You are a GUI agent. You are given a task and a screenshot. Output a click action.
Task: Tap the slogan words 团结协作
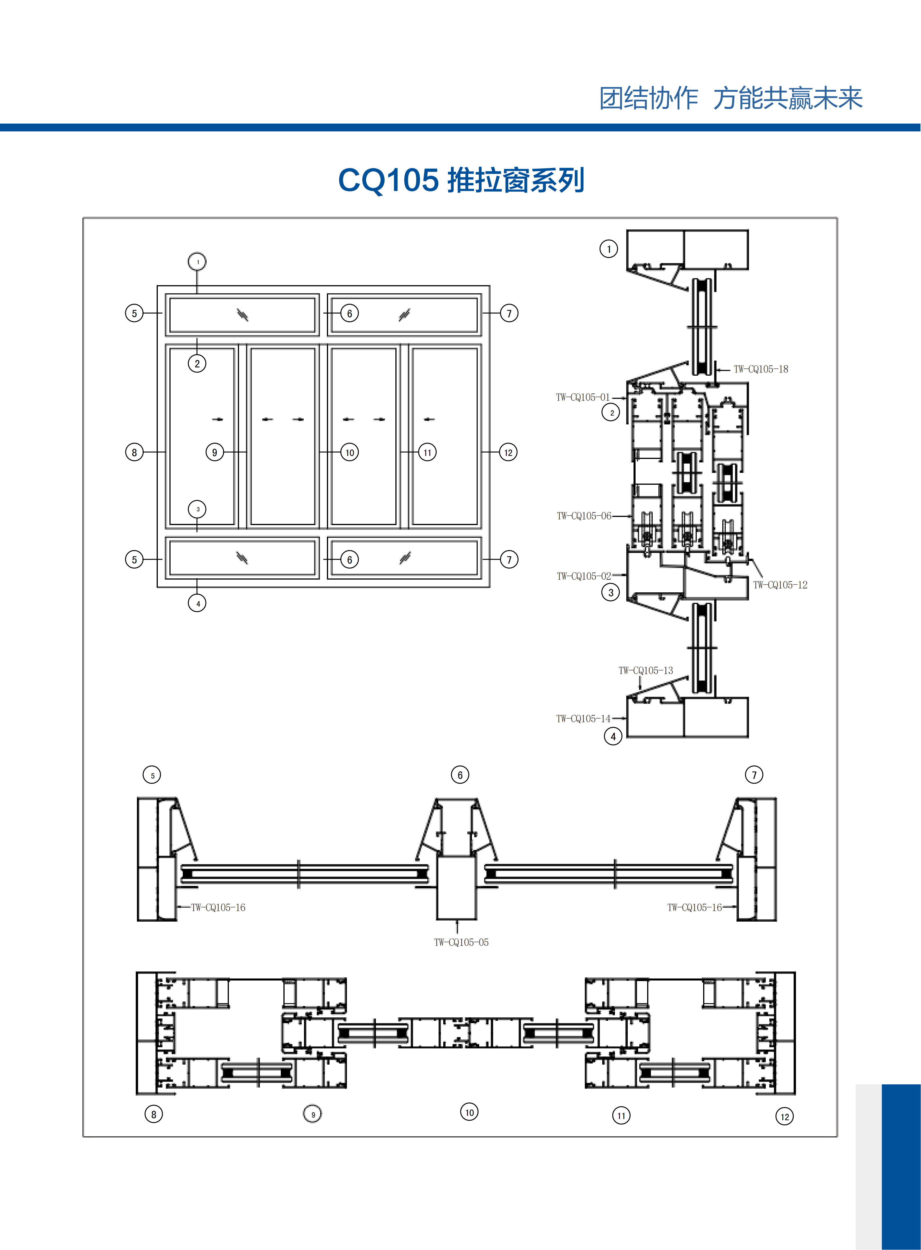648,99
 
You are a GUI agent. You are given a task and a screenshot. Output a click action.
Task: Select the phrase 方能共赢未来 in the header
788,99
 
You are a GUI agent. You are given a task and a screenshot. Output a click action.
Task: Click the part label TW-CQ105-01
582,397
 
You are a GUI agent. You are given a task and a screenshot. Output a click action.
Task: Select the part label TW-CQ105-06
584,516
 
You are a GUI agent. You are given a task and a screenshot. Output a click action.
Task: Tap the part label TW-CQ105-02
584,576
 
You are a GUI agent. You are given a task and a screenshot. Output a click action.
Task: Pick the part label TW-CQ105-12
780,585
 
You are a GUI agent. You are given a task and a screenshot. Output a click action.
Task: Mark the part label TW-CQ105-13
646,670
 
